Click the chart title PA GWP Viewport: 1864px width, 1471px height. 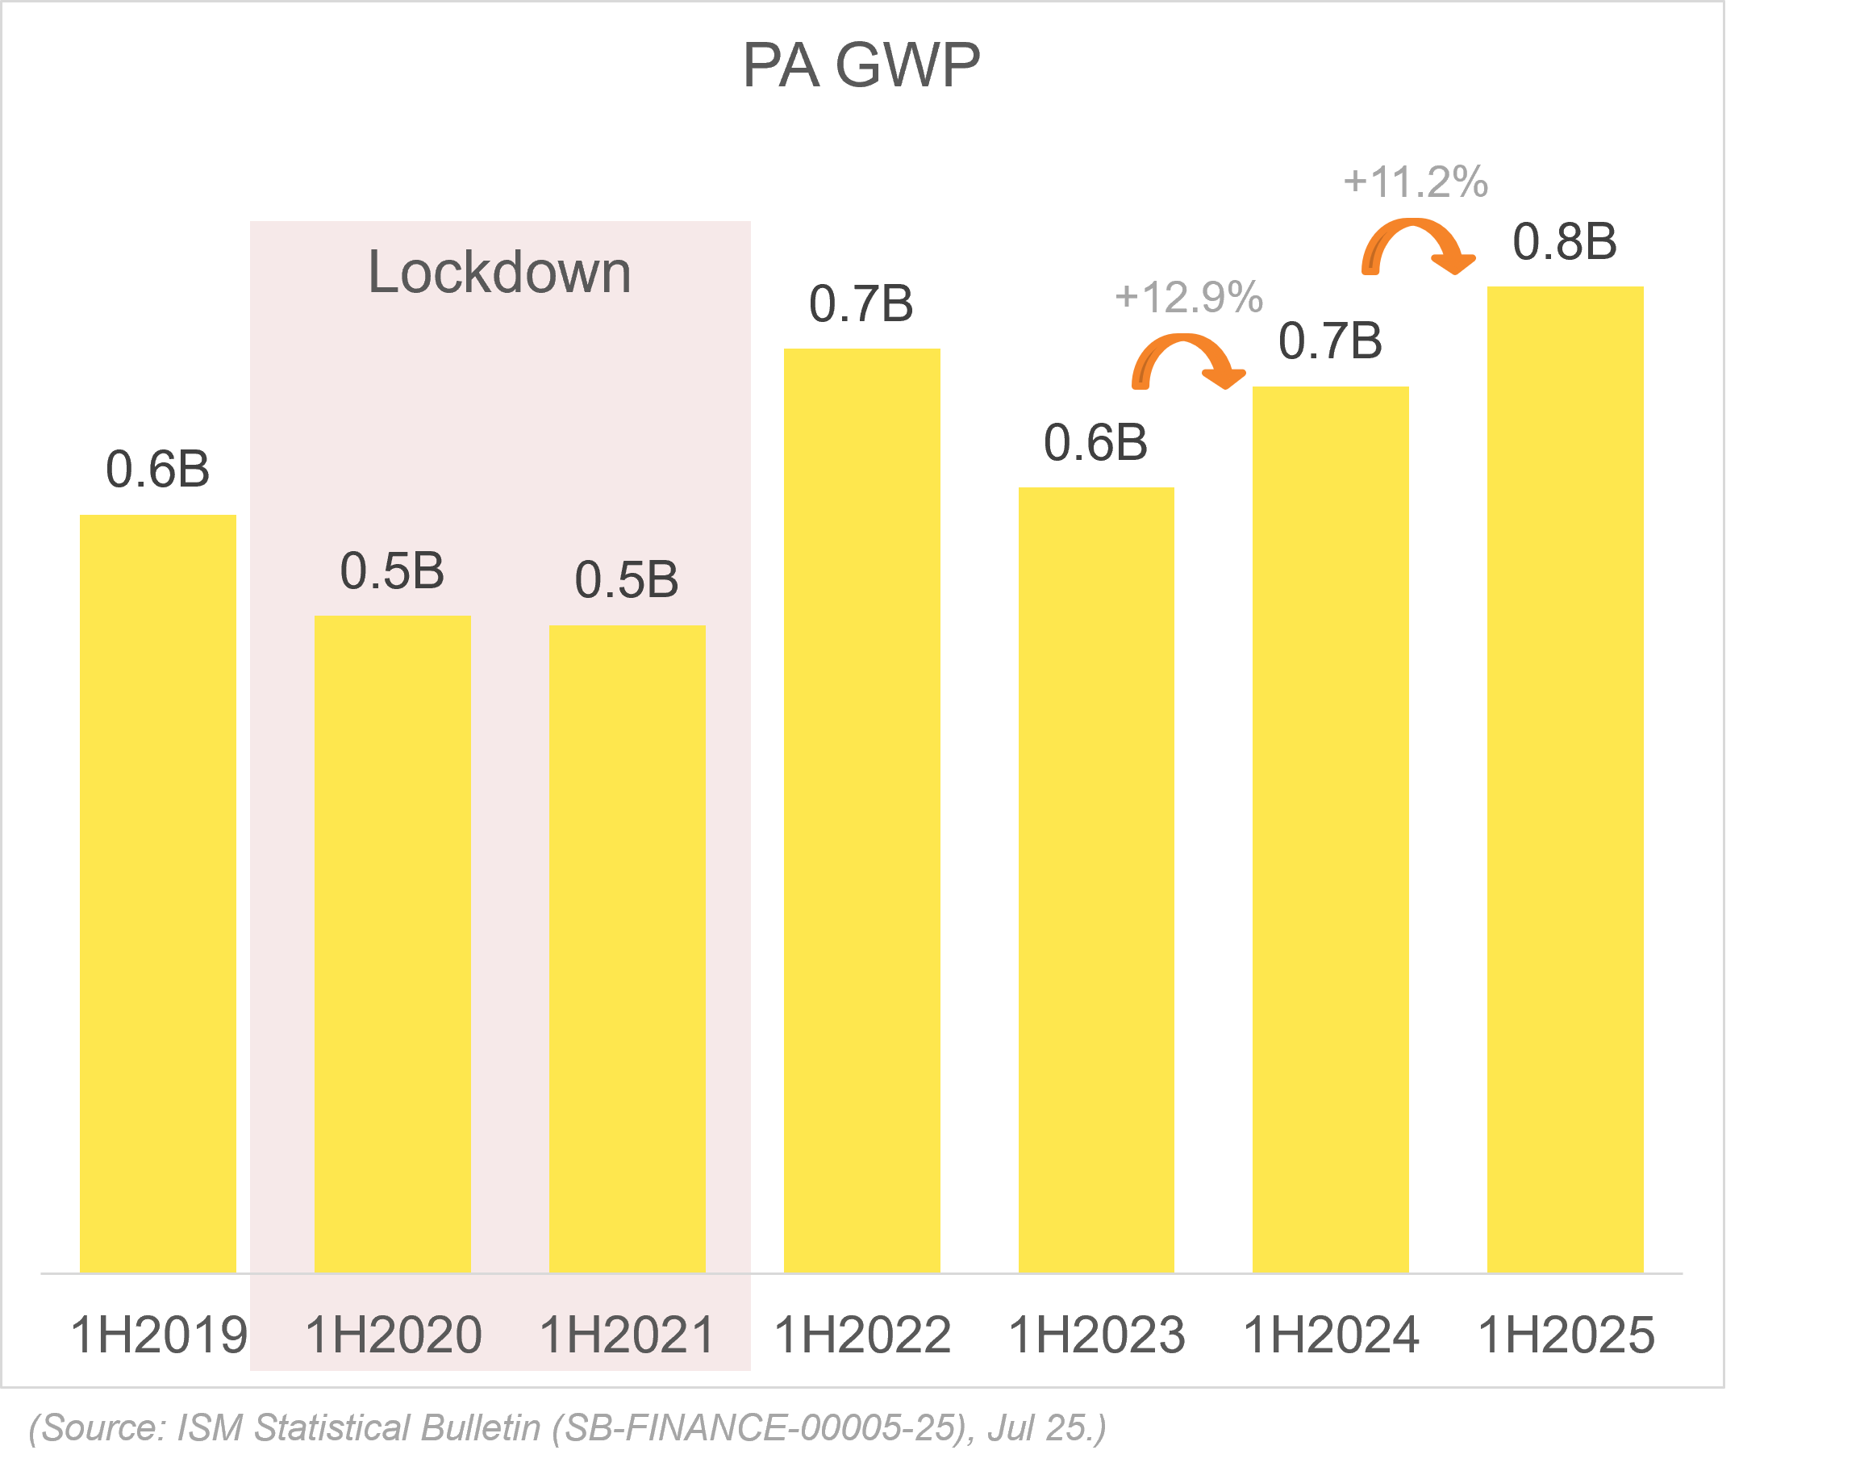(x=860, y=65)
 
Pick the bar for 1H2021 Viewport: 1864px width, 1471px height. (x=627, y=948)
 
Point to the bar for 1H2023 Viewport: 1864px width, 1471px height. (x=1096, y=880)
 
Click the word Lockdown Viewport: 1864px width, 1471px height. (x=499, y=273)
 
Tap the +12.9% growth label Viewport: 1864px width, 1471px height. (x=1189, y=298)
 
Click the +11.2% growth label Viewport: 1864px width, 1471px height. (x=1416, y=182)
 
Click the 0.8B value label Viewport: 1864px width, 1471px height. (x=1565, y=242)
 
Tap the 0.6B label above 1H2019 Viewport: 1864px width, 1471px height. (x=157, y=470)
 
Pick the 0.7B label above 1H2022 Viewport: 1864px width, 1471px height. (x=861, y=304)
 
